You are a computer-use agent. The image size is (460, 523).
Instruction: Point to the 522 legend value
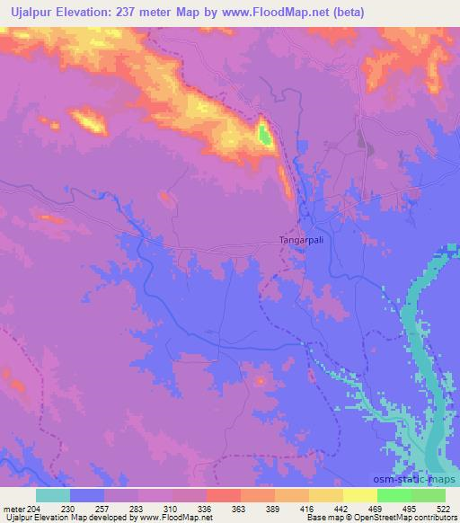point(446,508)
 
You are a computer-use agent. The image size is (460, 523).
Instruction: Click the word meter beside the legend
point(13,508)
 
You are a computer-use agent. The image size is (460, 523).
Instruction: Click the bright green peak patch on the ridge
point(264,135)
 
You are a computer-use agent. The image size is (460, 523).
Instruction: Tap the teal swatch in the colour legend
point(53,495)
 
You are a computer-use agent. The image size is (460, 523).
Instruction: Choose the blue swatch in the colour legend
point(87,495)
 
